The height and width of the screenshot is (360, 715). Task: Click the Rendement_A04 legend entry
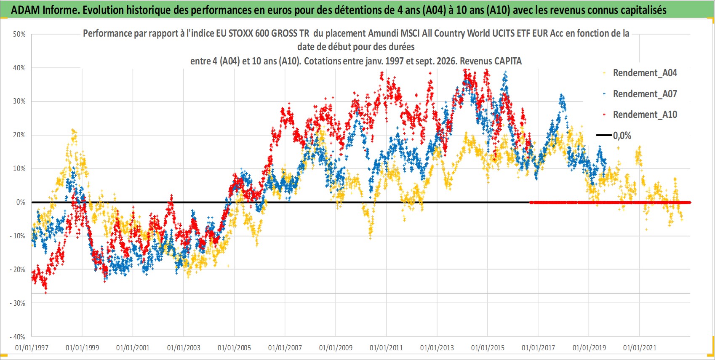click(x=640, y=73)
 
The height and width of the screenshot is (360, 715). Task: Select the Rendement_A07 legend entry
click(x=640, y=94)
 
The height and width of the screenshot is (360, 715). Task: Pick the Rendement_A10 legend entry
click(x=640, y=115)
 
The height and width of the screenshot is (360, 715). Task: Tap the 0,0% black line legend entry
click(x=614, y=135)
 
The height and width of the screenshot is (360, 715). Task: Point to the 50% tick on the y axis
click(x=19, y=34)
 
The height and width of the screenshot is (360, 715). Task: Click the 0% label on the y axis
click(x=21, y=202)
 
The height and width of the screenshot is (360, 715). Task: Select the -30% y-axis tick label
click(x=18, y=303)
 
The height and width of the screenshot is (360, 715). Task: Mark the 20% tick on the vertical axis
click(x=19, y=135)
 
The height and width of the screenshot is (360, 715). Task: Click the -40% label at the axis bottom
click(x=18, y=337)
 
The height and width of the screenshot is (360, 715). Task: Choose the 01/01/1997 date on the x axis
click(x=32, y=347)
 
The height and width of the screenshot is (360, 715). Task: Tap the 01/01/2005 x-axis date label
click(x=234, y=347)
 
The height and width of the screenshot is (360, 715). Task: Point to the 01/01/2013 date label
click(x=437, y=347)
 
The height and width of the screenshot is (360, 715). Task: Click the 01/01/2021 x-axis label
click(x=640, y=347)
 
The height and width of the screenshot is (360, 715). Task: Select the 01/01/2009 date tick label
click(x=336, y=347)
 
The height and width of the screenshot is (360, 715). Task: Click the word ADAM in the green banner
click(x=25, y=10)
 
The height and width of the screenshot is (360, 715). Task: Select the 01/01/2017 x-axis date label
click(x=539, y=347)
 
